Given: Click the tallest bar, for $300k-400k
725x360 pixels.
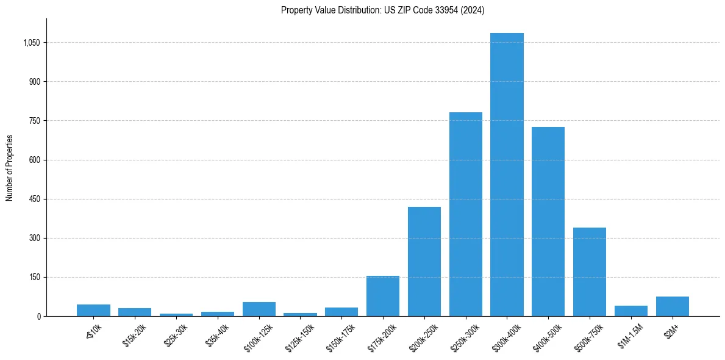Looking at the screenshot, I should (507, 175).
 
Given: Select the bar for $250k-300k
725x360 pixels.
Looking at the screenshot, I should (465, 214).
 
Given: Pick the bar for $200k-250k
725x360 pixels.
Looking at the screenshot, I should (424, 261).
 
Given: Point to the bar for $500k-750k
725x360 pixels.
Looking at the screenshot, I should (589, 272).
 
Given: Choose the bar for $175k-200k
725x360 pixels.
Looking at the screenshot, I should (383, 296).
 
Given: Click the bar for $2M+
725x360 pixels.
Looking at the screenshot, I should (672, 306).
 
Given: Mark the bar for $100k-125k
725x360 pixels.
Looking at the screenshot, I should (259, 309).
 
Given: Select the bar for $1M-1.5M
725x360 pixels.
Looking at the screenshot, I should (630, 311).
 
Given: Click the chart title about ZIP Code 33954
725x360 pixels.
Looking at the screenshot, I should (382, 10).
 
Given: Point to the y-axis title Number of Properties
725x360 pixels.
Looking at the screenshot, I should (10, 167).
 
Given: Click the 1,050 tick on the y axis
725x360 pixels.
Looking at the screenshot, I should (32, 43).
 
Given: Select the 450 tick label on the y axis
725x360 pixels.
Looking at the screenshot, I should (35, 199).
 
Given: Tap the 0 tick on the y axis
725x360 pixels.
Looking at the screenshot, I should (38, 316).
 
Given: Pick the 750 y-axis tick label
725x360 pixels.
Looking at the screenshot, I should (35, 121).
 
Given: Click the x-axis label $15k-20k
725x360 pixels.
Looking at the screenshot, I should (135, 335).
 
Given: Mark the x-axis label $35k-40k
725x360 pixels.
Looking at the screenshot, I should (218, 335).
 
